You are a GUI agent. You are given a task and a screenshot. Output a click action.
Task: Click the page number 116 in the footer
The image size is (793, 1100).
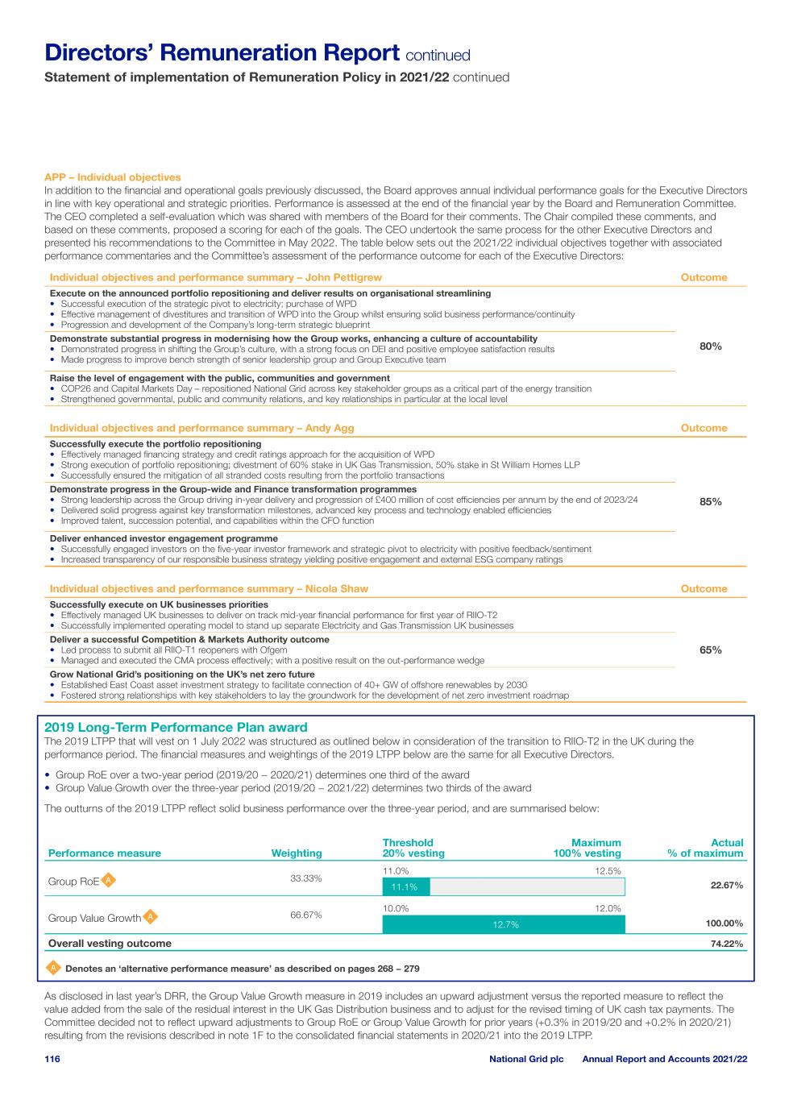coord(52,1058)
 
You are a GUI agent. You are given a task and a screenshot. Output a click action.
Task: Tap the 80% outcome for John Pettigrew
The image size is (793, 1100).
coord(710,346)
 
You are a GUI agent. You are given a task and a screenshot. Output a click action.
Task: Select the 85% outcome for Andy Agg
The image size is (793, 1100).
coord(710,501)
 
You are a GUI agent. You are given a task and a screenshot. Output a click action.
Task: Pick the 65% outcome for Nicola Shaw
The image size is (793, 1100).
coord(710,650)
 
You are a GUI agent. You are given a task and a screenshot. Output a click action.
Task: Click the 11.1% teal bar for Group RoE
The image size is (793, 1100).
coord(405,887)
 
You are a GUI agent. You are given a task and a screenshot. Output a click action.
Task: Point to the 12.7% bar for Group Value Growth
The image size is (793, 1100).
coord(504,924)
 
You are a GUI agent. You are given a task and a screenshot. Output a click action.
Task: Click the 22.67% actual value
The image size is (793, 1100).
coord(726,885)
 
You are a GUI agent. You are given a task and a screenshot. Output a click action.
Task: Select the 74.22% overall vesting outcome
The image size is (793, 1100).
coord(726,944)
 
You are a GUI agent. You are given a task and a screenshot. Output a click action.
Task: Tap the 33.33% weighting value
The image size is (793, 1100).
coord(306,878)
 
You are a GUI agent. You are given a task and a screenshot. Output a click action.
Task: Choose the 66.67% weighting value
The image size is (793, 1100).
coord(306,915)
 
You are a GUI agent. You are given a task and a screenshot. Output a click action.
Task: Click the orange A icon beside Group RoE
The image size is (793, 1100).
coord(109,880)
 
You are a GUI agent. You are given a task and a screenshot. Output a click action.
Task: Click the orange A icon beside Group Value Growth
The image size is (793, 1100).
coord(151,917)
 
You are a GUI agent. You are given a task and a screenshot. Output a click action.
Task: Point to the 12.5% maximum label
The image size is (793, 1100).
coord(608,871)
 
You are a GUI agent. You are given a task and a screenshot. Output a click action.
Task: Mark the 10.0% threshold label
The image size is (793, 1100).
coord(396,908)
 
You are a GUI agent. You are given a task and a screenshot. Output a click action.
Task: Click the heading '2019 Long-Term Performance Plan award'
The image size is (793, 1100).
coord(176,727)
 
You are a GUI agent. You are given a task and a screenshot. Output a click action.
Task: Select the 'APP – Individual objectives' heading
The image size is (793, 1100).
coord(113,177)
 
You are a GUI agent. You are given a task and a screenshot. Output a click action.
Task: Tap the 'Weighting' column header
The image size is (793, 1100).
coord(297,853)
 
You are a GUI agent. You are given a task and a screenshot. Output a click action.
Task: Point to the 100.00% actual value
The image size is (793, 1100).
coord(723,924)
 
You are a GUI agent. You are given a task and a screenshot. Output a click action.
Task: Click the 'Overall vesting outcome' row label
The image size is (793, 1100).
coord(110,943)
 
